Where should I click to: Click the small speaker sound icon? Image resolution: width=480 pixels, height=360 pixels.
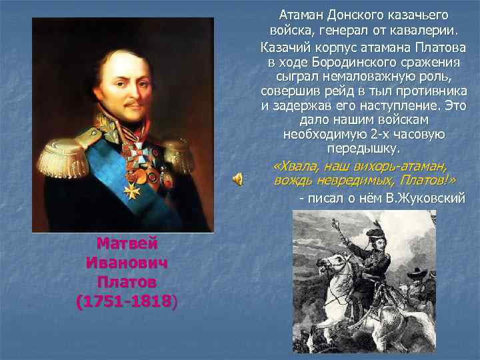pyautogui.click(x=238, y=177)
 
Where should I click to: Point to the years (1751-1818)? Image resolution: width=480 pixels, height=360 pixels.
pyautogui.click(x=127, y=301)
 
